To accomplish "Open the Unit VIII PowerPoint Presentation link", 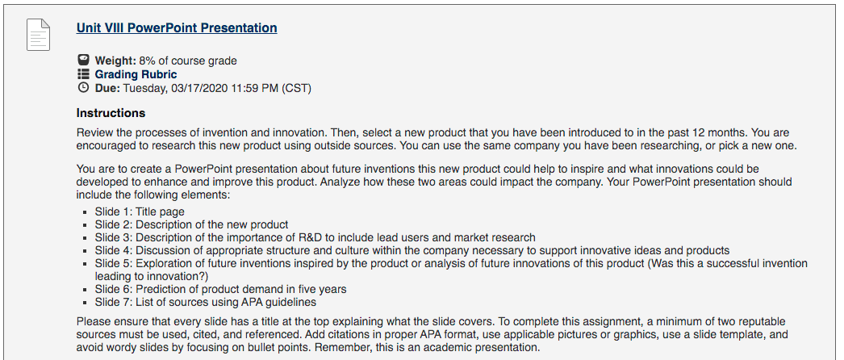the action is [177, 28].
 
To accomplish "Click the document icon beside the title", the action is [38, 35].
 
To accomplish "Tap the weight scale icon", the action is [83, 60].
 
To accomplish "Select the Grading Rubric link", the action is [136, 74].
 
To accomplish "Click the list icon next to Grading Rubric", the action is [83, 73].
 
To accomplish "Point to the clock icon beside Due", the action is [83, 88].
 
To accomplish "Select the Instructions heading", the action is [111, 113].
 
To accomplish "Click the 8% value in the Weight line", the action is [147, 61].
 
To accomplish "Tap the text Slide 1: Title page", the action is [140, 211].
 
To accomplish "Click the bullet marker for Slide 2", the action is [85, 225].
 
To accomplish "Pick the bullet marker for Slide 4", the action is [85, 251].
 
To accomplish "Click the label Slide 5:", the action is [114, 263].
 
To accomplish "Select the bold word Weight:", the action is [115, 61].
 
